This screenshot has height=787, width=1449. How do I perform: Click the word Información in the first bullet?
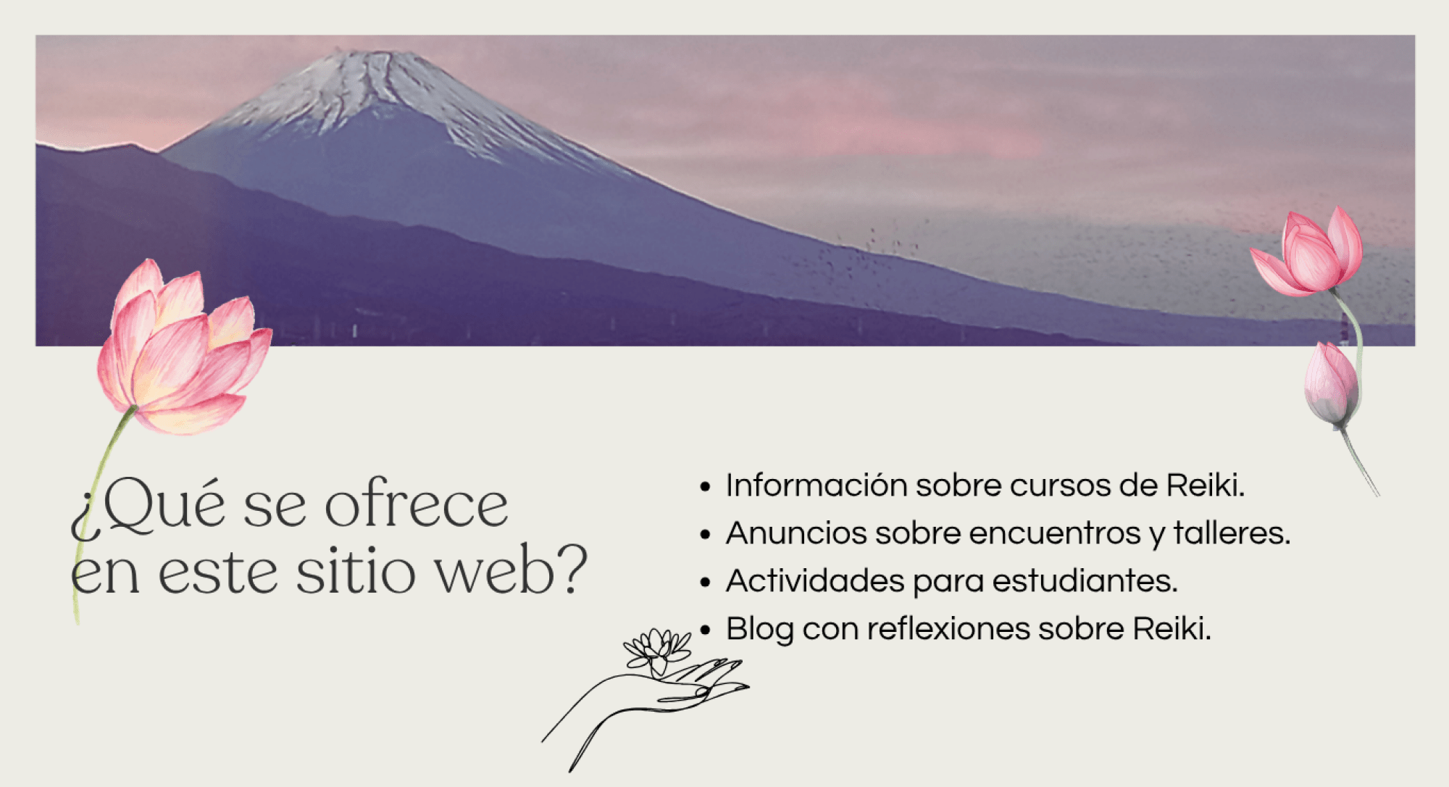click(x=817, y=485)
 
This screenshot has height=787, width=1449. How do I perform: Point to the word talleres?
click(x=1232, y=533)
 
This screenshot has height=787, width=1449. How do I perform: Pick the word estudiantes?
click(x=1085, y=580)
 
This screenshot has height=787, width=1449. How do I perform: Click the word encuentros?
click(x=1054, y=534)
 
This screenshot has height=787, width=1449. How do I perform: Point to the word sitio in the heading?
click(x=355, y=571)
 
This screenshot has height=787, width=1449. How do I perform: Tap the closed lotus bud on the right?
click(x=1332, y=384)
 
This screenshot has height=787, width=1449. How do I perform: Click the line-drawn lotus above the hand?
click(x=656, y=649)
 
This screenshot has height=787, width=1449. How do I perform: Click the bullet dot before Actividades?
click(x=705, y=582)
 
